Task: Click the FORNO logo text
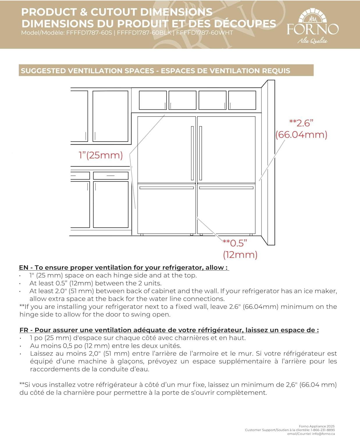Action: (x=313, y=29)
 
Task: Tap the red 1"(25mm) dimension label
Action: (x=101, y=155)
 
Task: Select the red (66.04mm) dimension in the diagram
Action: (x=301, y=135)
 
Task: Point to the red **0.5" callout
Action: (x=235, y=243)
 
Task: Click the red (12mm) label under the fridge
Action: (x=240, y=255)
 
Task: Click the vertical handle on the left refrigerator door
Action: (x=192, y=153)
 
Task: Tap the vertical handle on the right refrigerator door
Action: (x=201, y=153)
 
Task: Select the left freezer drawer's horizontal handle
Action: (x=167, y=188)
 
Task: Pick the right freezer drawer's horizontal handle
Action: (x=226, y=188)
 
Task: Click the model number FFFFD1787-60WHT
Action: (x=204, y=33)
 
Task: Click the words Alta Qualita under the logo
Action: (x=312, y=41)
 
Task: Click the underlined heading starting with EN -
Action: (x=124, y=267)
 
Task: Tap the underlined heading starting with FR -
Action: (x=169, y=330)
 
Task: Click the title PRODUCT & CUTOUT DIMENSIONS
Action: (x=117, y=12)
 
